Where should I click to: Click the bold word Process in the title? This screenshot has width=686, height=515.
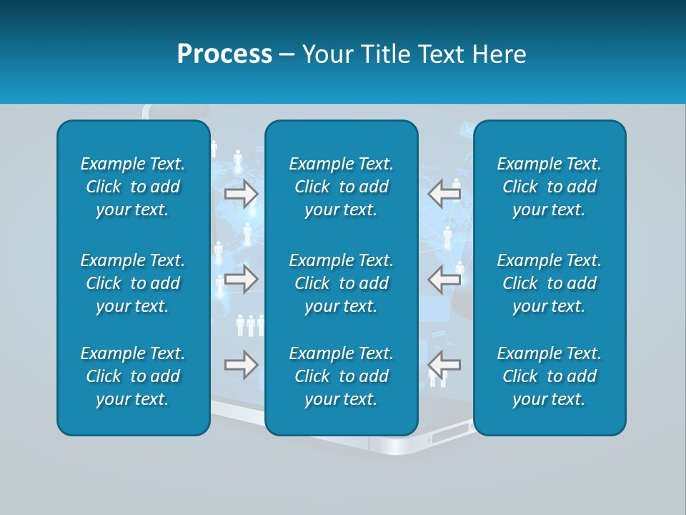(x=224, y=54)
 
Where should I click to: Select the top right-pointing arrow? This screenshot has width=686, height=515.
(x=241, y=193)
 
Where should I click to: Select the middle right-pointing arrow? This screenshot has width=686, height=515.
(x=241, y=279)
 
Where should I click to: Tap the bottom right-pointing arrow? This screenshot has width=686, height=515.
(x=241, y=365)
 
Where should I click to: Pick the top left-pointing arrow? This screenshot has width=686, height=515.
(x=444, y=193)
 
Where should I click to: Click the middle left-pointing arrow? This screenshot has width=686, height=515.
(x=444, y=279)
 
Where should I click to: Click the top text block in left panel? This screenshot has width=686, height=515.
(x=133, y=187)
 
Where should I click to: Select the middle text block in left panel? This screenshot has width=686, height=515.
(x=133, y=283)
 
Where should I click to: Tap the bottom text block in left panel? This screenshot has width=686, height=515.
(x=133, y=376)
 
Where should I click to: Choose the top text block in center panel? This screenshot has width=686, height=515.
(x=342, y=187)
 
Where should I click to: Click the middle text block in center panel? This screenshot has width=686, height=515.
(x=342, y=283)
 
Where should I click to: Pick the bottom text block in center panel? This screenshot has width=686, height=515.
(x=342, y=376)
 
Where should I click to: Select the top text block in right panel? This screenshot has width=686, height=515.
(x=550, y=187)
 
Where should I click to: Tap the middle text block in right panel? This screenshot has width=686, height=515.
(x=550, y=283)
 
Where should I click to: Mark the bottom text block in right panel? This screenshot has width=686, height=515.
(x=550, y=376)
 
